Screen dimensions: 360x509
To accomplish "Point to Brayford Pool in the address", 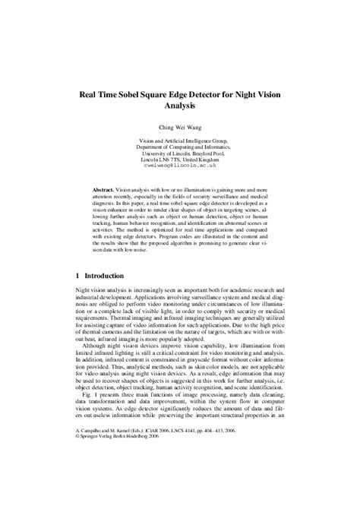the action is [x=215, y=153].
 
